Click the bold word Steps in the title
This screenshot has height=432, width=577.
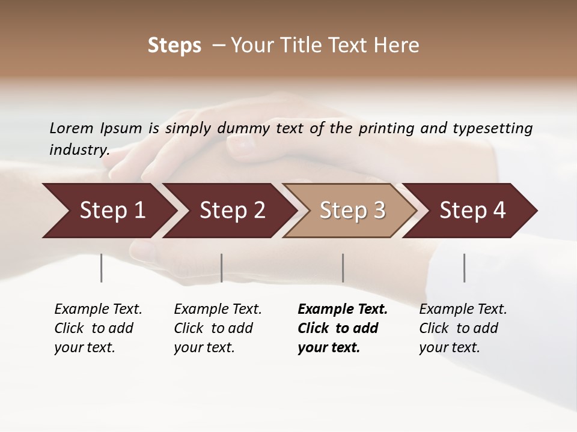[174, 46]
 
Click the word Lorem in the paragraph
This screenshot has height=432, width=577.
[72, 128]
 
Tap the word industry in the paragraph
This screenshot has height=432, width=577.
[79, 150]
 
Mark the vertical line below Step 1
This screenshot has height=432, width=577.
[102, 268]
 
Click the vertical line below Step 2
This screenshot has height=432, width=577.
[222, 268]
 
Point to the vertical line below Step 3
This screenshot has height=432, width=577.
[343, 268]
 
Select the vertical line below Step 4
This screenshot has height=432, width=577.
[465, 268]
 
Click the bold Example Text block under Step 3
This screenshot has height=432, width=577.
[342, 328]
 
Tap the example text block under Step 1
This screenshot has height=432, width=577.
[98, 328]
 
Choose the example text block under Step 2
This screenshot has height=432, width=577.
[218, 328]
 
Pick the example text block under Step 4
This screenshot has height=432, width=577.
[463, 328]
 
